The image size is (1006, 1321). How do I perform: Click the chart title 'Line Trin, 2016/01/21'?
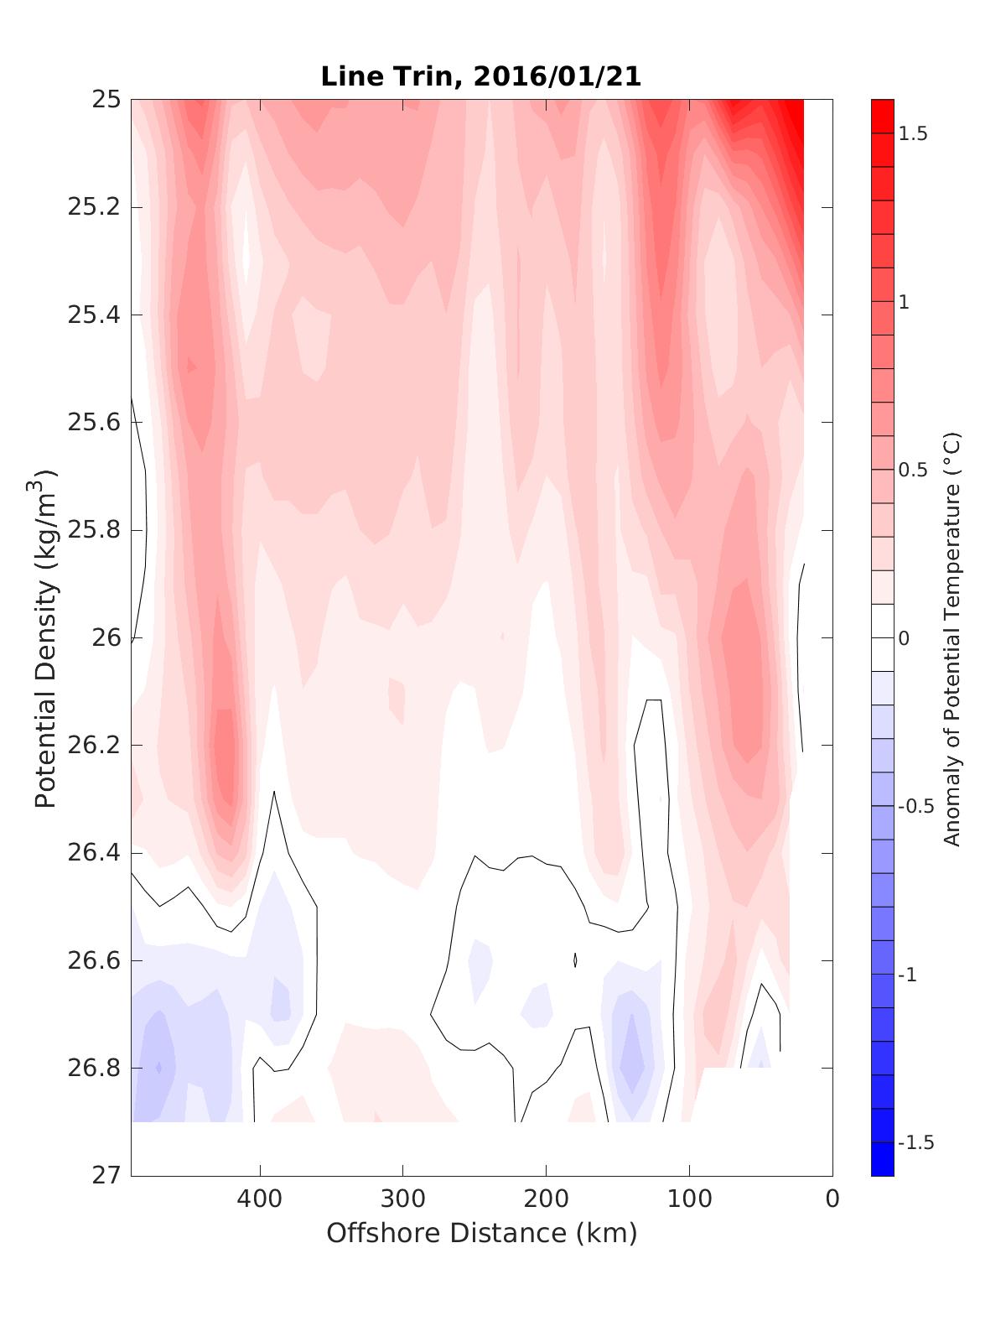pyautogui.click(x=481, y=77)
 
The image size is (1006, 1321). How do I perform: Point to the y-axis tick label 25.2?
pyautogui.click(x=93, y=207)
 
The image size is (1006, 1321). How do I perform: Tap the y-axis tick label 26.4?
pyautogui.click(x=93, y=853)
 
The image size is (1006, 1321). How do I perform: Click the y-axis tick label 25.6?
pyautogui.click(x=93, y=423)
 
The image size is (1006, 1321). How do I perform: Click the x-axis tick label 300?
pyautogui.click(x=403, y=1199)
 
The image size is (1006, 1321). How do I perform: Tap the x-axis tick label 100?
pyautogui.click(x=689, y=1199)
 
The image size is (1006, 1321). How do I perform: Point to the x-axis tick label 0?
pyautogui.click(x=832, y=1199)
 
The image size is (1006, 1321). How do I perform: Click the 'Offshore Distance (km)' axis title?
pyautogui.click(x=481, y=1233)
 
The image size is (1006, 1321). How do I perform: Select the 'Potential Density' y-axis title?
pyautogui.click(x=46, y=637)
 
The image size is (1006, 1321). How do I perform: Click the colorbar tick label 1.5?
pyautogui.click(x=913, y=134)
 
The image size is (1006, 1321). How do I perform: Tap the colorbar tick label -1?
pyautogui.click(x=909, y=975)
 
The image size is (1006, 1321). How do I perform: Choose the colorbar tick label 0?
pyautogui.click(x=904, y=638)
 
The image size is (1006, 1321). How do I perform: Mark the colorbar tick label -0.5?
pyautogui.click(x=915, y=806)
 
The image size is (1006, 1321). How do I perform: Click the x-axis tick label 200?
pyautogui.click(x=547, y=1199)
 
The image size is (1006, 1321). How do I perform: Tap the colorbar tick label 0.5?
pyautogui.click(x=913, y=470)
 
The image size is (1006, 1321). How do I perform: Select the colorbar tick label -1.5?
pyautogui.click(x=915, y=1142)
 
